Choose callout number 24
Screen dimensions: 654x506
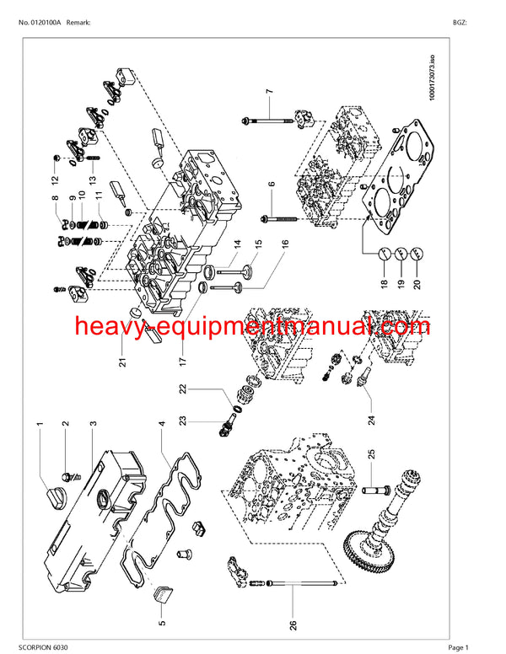pyautogui.click(x=369, y=415)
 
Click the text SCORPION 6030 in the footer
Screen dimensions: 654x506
pyautogui.click(x=45, y=645)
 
